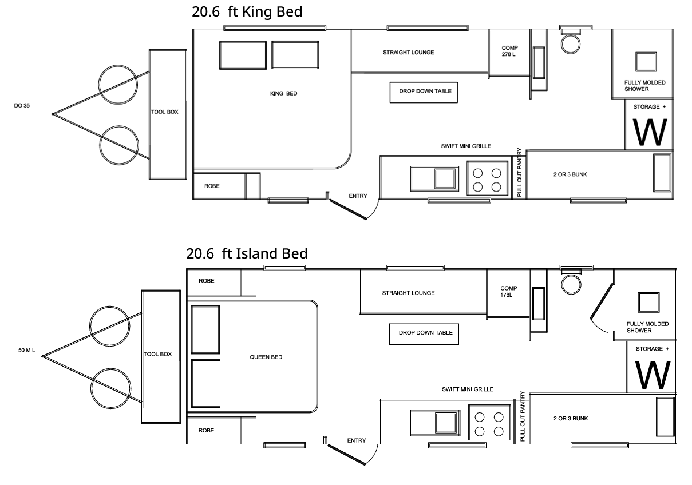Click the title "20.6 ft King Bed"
tap(247, 12)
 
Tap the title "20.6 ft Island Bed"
tap(247, 253)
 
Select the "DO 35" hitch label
tap(22, 106)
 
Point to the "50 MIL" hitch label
tap(26, 350)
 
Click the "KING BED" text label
tap(283, 94)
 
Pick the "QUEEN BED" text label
tap(266, 357)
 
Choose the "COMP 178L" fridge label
tap(508, 292)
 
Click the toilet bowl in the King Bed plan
tap(571, 44)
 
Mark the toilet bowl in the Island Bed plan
tap(571, 284)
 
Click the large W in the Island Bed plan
tap(653, 375)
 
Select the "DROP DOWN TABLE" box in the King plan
tap(424, 92)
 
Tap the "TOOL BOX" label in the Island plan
tap(157, 354)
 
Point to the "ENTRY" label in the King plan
tap(358, 196)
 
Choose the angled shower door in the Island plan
tap(602, 301)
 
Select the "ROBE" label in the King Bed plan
tap(212, 186)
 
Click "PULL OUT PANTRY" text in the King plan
tap(519, 172)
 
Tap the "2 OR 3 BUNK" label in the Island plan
tap(571, 418)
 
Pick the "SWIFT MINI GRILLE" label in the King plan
tap(466, 146)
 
